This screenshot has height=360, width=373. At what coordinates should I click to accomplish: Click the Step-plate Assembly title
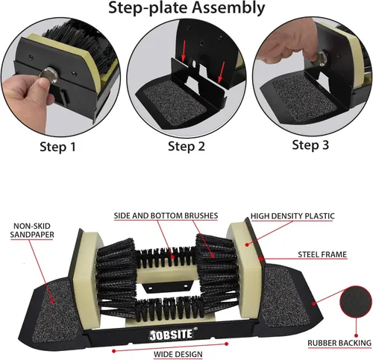[186, 8]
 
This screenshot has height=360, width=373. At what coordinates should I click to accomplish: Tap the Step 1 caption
[57, 147]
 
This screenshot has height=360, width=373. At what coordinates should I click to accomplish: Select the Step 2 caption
[186, 146]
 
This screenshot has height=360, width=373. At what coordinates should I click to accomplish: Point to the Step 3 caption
[310, 145]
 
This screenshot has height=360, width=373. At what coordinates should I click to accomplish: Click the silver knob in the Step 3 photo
[322, 59]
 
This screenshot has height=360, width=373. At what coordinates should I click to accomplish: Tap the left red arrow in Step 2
[184, 51]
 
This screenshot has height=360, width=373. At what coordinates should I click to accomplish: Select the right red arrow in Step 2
[221, 72]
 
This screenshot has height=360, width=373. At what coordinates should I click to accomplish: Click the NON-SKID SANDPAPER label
[32, 230]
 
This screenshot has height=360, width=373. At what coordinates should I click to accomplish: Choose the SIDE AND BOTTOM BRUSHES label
[166, 215]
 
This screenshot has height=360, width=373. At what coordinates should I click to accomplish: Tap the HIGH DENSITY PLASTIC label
[292, 216]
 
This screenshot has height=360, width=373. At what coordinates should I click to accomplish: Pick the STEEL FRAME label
[322, 254]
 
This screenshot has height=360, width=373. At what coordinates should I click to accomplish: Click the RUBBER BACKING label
[339, 343]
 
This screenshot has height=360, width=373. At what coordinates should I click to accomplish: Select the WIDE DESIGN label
[178, 354]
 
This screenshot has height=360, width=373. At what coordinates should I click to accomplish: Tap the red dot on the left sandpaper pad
[53, 300]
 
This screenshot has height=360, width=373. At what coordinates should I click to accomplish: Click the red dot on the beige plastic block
[247, 245]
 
